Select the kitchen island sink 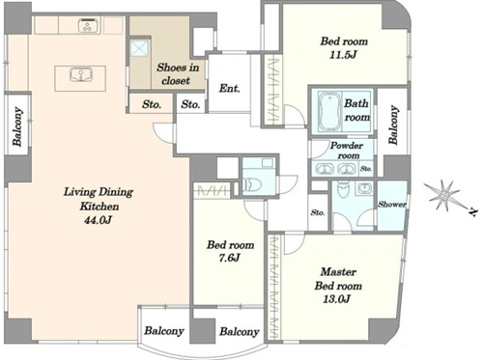[79, 74]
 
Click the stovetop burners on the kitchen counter [87, 25]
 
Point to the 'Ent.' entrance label [230, 88]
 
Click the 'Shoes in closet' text [178, 74]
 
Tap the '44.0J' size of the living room [99, 220]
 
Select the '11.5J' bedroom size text [343, 55]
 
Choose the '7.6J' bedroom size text [229, 258]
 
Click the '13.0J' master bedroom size [336, 299]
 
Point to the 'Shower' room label [391, 204]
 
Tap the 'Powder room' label [347, 151]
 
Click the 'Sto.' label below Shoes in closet [152, 104]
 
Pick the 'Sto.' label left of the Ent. [190, 104]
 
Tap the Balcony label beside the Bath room [393, 125]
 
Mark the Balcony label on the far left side [17, 126]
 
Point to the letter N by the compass [472, 212]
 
